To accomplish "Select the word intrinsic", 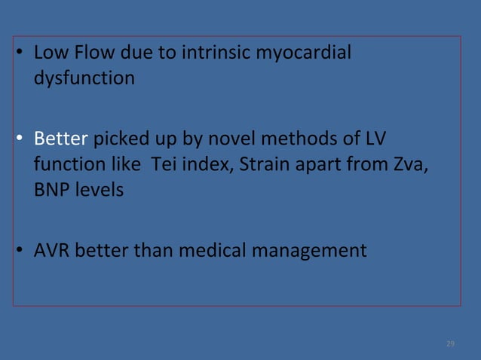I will click(x=213, y=53).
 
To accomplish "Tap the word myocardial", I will click(x=305, y=54).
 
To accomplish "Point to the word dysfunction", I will click(x=84, y=78).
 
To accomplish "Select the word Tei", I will click(x=164, y=164).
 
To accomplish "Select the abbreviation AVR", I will click(x=51, y=250).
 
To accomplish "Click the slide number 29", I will click(x=450, y=343).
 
